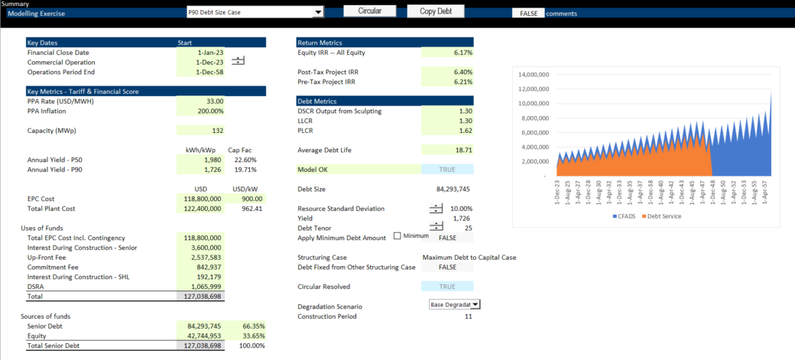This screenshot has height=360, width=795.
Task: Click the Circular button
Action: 370,11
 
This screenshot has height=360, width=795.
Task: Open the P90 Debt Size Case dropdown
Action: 318,13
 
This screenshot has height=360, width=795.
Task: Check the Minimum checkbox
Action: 397,236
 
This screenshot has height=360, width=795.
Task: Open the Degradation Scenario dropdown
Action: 475,304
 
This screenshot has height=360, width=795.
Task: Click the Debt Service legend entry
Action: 664,216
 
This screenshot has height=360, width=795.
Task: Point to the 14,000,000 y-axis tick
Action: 534,75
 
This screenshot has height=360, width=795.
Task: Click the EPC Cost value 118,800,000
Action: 201,199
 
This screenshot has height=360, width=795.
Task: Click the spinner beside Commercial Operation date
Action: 238,60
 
